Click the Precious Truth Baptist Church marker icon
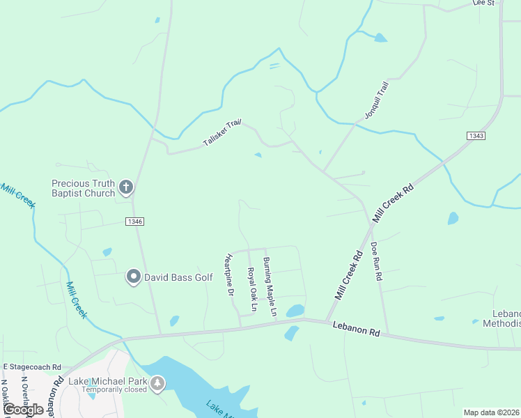(125, 187)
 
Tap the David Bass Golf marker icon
(133, 277)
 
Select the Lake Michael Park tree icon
(158, 382)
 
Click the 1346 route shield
(135, 222)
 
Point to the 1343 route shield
(476, 136)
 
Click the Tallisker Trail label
(221, 132)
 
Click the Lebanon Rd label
(355, 329)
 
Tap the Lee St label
(483, 3)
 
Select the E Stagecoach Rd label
(32, 366)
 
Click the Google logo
(23, 410)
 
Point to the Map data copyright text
(492, 412)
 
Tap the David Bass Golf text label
(178, 277)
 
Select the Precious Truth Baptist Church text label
(83, 188)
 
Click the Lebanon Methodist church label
(506, 318)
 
